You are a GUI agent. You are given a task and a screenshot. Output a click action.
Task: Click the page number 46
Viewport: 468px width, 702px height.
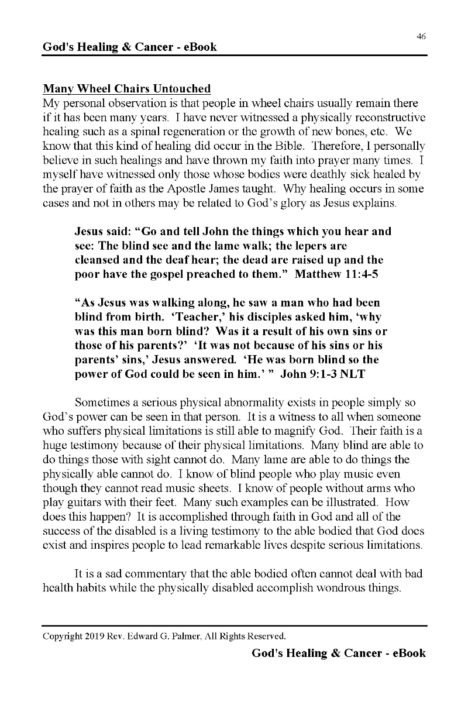click(421, 36)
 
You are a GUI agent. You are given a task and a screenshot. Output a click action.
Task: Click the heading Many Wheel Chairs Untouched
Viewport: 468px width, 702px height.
click(126, 89)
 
